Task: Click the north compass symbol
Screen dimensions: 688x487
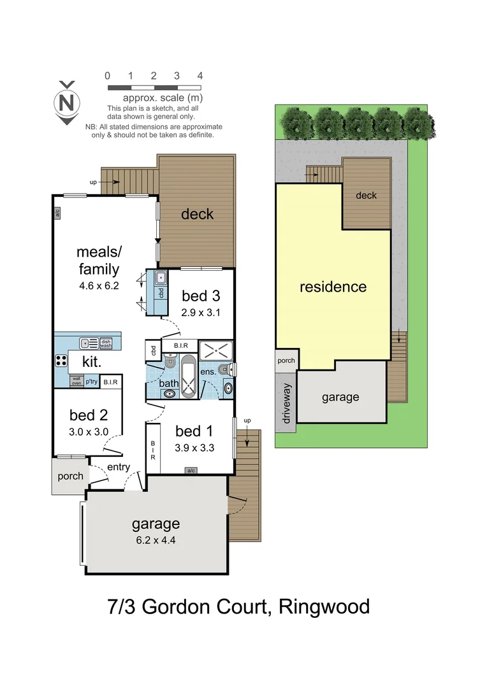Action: (66, 102)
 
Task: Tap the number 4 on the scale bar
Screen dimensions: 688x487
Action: (200, 76)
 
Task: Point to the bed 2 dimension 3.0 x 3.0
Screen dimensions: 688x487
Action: (89, 431)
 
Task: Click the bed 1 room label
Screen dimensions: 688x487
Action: (194, 430)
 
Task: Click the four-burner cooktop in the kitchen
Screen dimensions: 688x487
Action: (61, 361)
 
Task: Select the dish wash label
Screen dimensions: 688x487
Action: (106, 343)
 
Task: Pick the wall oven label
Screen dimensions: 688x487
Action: (76, 382)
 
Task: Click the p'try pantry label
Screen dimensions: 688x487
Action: (92, 382)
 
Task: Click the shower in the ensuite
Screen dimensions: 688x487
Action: (216, 351)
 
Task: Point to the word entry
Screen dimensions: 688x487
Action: (119, 467)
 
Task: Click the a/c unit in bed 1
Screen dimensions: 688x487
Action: (190, 471)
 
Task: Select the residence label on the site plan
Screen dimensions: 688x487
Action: (333, 287)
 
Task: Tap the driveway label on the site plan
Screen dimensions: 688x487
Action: (286, 403)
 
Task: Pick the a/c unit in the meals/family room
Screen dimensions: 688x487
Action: (57, 213)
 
